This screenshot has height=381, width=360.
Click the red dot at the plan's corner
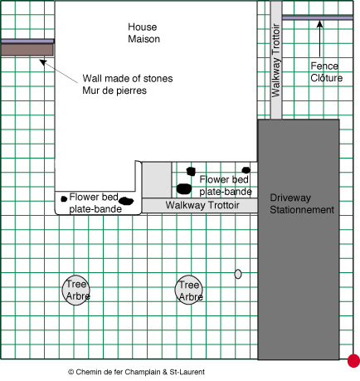[x=353, y=361]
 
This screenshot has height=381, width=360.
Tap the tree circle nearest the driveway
[x=189, y=290]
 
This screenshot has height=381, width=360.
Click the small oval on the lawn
[x=238, y=274]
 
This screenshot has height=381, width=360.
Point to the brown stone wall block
[x=27, y=50]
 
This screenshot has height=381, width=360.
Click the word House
[x=143, y=27]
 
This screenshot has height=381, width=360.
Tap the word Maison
[x=144, y=39]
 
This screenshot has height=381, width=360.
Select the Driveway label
[x=290, y=198]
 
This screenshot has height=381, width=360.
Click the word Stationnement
[x=302, y=210]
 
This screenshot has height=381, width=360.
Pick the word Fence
[x=324, y=66]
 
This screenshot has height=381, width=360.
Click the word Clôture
[x=327, y=78]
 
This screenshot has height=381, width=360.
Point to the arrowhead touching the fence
[x=319, y=24]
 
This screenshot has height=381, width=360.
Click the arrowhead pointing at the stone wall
[x=43, y=62]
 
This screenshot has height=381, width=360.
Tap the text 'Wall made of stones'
[x=128, y=79]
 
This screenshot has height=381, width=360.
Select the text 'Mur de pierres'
[x=114, y=90]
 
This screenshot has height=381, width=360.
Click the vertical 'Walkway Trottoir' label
[x=276, y=61]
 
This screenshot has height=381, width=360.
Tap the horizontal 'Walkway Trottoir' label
[x=202, y=205]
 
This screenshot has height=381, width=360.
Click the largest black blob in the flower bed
[x=184, y=188]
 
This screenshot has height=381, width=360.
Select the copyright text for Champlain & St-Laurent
[x=136, y=372]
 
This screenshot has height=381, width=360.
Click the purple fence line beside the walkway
[x=318, y=18]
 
